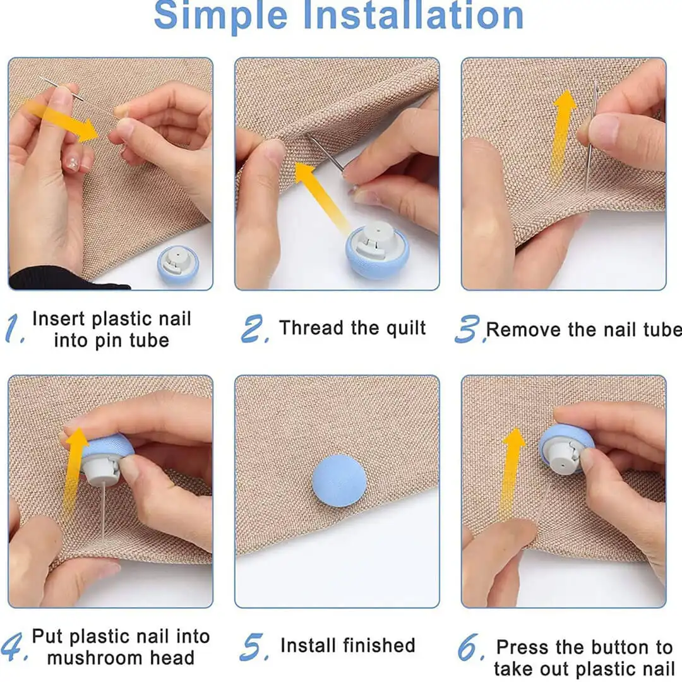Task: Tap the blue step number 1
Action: (14, 328)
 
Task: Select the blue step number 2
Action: (255, 328)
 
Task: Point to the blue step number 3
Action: (469, 329)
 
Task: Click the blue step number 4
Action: (14, 647)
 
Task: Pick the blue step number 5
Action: (254, 647)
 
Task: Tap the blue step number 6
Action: (470, 647)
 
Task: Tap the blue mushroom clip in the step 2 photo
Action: (377, 250)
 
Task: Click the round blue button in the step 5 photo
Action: (339, 481)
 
